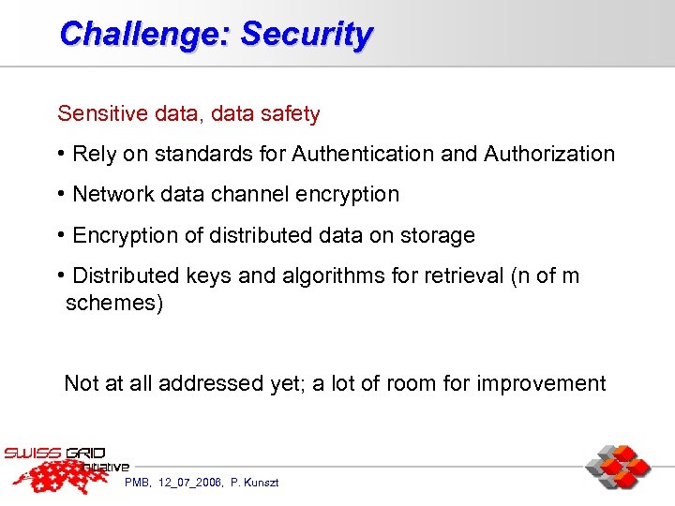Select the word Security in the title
tap(307, 35)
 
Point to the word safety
tap(288, 114)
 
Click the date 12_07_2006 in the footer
tap(188, 482)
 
